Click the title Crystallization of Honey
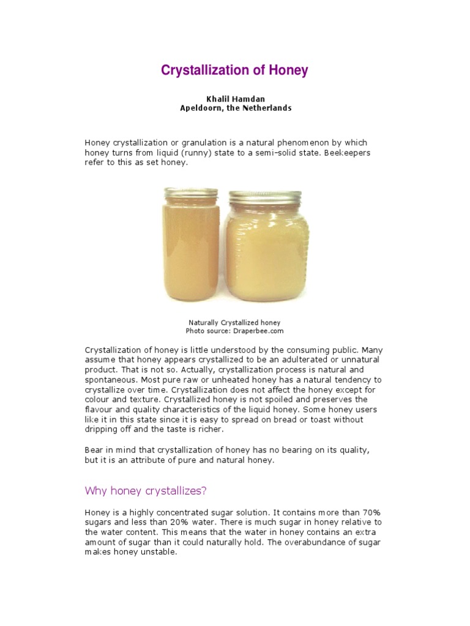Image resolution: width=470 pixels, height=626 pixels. (x=234, y=70)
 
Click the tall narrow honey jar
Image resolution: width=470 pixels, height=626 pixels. (x=187, y=251)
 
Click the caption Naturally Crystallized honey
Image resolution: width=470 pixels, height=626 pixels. (x=234, y=322)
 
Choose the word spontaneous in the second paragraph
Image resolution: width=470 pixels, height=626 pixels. (x=110, y=380)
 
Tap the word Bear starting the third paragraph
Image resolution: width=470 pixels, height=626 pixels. (x=94, y=450)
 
